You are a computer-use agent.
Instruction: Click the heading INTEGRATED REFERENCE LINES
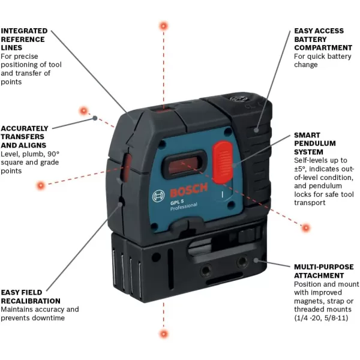point(24,38)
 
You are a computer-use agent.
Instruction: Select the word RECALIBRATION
point(31,301)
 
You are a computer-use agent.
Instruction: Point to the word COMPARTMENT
point(323,47)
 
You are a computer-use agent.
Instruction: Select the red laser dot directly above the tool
point(163,26)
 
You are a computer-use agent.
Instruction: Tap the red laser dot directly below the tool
point(163,332)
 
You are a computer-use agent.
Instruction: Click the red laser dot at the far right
point(306,227)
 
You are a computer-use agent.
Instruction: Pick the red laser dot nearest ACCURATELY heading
point(83,110)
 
